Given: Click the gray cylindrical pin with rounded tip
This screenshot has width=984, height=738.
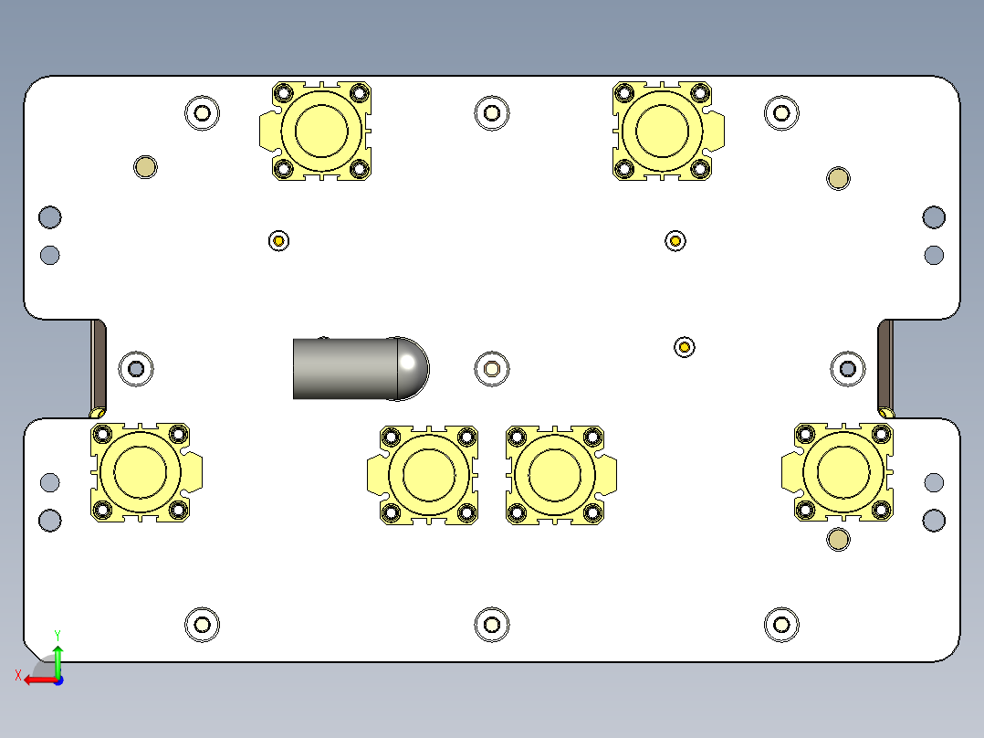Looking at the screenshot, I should [x=359, y=368].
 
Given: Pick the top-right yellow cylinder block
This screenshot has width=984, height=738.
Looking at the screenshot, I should [x=663, y=130].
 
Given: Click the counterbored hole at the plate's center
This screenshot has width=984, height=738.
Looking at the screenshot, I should [x=492, y=368].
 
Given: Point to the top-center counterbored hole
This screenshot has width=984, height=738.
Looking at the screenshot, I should [x=492, y=112].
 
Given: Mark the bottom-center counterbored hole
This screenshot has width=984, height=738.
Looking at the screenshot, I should [x=492, y=625].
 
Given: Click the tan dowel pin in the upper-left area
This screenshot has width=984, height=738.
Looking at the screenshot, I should [x=145, y=167].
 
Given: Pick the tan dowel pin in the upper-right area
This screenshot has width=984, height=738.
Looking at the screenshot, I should [x=838, y=178].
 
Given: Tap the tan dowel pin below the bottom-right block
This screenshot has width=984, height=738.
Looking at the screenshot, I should [x=838, y=539].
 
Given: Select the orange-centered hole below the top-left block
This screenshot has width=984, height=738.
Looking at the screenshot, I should [x=278, y=240].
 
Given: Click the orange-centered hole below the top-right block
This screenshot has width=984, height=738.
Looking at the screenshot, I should [x=675, y=240].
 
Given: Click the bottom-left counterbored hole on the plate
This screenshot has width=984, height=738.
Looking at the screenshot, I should [x=202, y=625].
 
